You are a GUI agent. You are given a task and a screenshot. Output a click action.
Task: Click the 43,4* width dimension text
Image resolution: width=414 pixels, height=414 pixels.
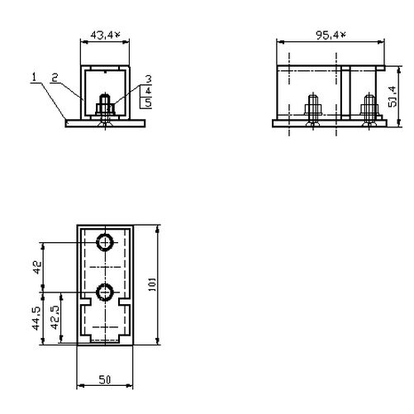click(107, 36)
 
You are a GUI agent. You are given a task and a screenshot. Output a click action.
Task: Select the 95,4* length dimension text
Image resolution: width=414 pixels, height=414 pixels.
click(330, 36)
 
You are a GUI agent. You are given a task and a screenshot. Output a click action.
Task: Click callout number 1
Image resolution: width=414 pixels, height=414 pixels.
click(34, 79)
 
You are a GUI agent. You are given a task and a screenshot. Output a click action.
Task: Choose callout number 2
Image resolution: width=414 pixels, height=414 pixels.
click(53, 79)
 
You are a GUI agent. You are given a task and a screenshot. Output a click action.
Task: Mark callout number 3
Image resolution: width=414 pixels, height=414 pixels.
click(149, 79)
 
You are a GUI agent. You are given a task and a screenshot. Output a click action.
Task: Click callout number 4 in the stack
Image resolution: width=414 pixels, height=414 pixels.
click(149, 90)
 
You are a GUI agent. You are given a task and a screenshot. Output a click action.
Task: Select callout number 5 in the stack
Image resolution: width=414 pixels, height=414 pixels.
click(149, 102)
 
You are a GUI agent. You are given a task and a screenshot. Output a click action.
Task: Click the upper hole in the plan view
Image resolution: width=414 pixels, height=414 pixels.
click(105, 242)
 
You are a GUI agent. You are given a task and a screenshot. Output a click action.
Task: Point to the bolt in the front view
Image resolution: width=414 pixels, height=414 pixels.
click(105, 108)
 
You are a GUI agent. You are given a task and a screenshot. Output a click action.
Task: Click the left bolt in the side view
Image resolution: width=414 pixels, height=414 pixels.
click(314, 108)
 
